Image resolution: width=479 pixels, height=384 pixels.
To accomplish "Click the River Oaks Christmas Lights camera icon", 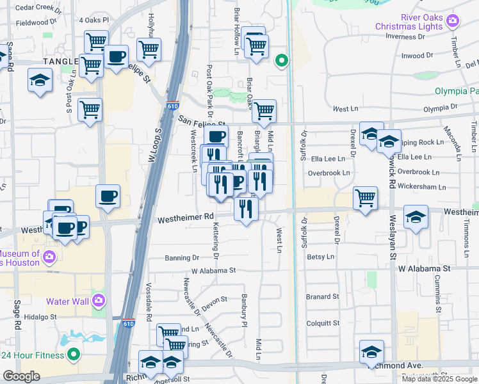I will [x=453, y=22].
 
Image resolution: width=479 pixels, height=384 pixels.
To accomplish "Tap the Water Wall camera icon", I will [x=98, y=300].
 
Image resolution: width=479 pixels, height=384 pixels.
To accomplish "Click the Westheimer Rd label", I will [x=186, y=217].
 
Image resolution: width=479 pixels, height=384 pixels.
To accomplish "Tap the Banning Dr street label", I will [x=182, y=258].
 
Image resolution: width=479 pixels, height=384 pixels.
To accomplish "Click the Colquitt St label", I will [x=322, y=323].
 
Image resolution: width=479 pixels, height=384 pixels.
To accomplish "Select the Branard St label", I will [x=322, y=296].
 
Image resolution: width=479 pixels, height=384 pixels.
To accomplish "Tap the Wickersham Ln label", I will [x=421, y=187].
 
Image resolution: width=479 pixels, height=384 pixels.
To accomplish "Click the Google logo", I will [x=21, y=376].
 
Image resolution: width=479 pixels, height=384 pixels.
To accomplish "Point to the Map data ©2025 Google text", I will [x=439, y=379].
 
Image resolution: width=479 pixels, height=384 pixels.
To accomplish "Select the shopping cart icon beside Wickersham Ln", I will [x=365, y=197].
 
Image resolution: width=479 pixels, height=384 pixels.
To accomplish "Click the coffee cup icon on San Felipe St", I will [x=216, y=136].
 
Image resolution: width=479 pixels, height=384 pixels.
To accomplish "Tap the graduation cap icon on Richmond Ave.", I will [x=371, y=353].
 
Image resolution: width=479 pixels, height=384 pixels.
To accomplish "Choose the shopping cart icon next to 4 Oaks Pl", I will [x=96, y=42].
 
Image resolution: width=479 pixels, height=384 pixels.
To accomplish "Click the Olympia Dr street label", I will [x=436, y=107].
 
